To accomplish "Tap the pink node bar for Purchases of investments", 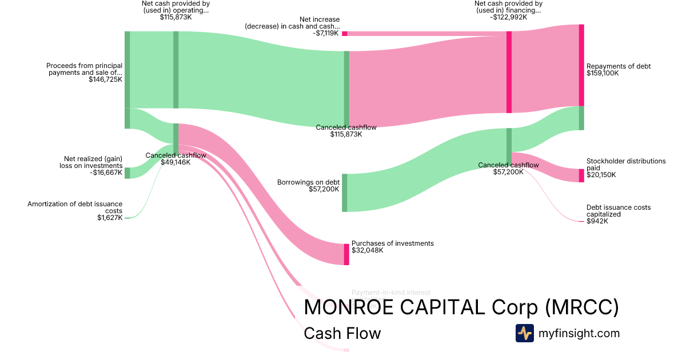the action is [x=346, y=254].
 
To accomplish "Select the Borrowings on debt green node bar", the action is [x=344, y=193].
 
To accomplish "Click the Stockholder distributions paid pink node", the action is [x=581, y=175].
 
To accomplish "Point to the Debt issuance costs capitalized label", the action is [x=618, y=211].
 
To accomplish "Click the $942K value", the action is [x=597, y=221].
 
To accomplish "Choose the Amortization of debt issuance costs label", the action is [x=75, y=207].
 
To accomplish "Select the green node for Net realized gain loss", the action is [x=127, y=173].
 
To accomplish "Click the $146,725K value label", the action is [x=105, y=79].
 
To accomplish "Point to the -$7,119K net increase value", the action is [x=326, y=33].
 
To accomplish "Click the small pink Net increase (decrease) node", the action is [x=344, y=33].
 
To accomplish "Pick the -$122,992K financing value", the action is [x=508, y=17].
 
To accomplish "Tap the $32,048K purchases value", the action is [x=367, y=250].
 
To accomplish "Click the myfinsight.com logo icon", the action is [x=524, y=333].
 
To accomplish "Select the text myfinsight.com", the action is [x=579, y=333].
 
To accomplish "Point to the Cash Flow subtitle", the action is [x=342, y=333].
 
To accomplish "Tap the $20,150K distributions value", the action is [x=601, y=175].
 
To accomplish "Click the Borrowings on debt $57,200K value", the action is [x=324, y=189].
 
